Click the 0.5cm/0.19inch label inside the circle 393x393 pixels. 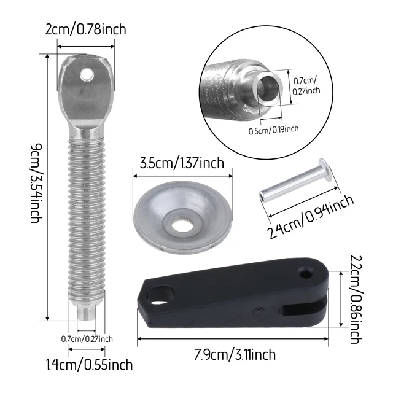pos(273,129)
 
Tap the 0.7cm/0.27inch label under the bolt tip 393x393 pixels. pos(87,338)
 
